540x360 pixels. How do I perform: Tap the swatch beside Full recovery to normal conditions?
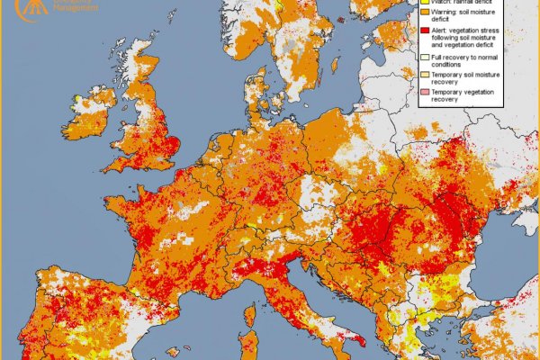[x=424, y=58]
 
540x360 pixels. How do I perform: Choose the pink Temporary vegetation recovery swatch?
[x=424, y=93]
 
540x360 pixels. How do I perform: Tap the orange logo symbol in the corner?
[x=12, y=6]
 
